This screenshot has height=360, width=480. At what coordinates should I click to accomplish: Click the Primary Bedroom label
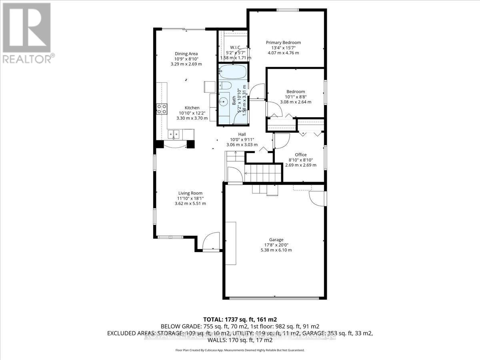click(x=284, y=42)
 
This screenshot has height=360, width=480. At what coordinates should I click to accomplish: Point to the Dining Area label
click(x=186, y=54)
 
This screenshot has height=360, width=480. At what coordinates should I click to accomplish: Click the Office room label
click(x=300, y=155)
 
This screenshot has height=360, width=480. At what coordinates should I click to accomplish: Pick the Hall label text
click(x=242, y=134)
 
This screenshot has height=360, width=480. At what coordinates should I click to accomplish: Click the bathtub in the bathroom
click(x=233, y=73)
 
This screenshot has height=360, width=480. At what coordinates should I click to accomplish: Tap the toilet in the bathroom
click(x=224, y=85)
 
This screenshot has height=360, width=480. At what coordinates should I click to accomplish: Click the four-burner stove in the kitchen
click(x=162, y=109)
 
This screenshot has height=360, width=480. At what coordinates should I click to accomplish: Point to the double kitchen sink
click(x=174, y=134)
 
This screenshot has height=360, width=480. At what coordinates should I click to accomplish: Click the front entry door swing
click(x=211, y=242)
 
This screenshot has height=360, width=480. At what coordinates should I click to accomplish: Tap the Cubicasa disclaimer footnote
click(x=240, y=350)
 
